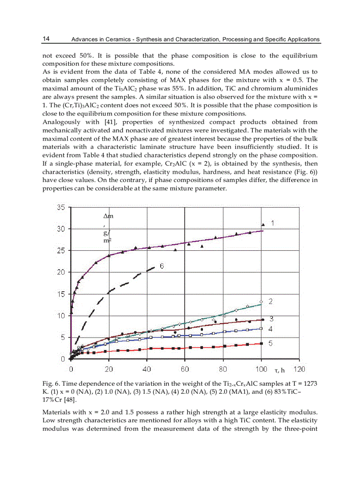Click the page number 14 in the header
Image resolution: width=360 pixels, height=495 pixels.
pyautogui.click(x=46, y=39)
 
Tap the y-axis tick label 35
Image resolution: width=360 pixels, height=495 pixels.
pyautogui.click(x=61, y=207)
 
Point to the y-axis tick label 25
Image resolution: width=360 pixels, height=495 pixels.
pyautogui.click(x=61, y=250)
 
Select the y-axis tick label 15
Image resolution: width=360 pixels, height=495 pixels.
pyautogui.click(x=61, y=294)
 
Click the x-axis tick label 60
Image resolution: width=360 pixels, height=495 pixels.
pyautogui.click(x=185, y=369)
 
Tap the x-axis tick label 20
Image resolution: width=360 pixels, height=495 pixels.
pyautogui.click(x=109, y=369)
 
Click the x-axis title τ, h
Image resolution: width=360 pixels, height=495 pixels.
pyautogui.click(x=274, y=369)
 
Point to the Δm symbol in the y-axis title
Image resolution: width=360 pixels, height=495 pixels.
pyautogui.click(x=108, y=216)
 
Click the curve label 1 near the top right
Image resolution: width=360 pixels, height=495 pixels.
pyautogui.click(x=273, y=223)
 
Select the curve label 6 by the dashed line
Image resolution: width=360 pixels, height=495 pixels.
pyautogui.click(x=162, y=266)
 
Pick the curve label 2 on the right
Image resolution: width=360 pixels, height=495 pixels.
pyautogui.click(x=271, y=301)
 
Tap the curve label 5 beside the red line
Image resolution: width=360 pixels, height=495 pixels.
pyautogui.click(x=271, y=343)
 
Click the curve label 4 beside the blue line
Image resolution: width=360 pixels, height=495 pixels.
pyautogui.click(x=271, y=329)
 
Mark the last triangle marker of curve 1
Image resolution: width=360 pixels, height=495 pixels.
pyautogui.click(x=263, y=225)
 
